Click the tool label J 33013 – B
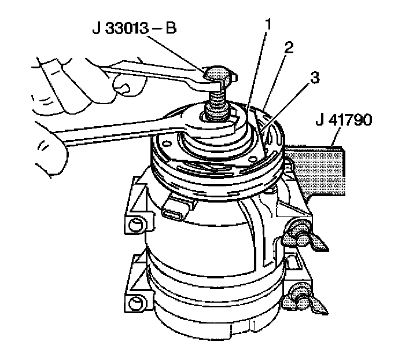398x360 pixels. tap(134, 28)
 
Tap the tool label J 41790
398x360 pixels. tap(344, 120)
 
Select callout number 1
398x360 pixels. tap(268, 25)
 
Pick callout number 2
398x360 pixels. tap(289, 47)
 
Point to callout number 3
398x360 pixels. tap(315, 78)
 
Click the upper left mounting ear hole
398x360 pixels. tap(135, 224)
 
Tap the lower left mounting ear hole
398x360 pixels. tap(135, 303)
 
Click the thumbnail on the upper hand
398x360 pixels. tap(124, 89)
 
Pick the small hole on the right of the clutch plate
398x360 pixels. tap(252, 159)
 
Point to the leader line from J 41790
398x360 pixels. tap(336, 137)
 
